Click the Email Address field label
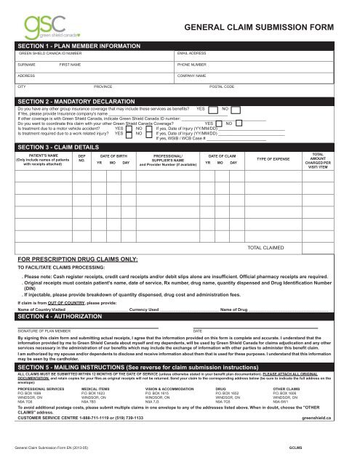(193, 54)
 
